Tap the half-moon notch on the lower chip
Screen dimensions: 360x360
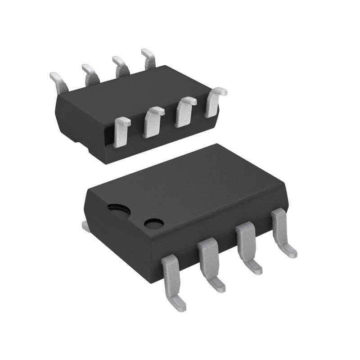118,207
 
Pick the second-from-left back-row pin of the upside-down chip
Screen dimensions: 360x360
90,73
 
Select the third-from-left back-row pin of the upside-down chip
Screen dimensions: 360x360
120,65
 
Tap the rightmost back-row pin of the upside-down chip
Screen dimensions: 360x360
148,58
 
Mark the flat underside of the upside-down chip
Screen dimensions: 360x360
135,94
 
